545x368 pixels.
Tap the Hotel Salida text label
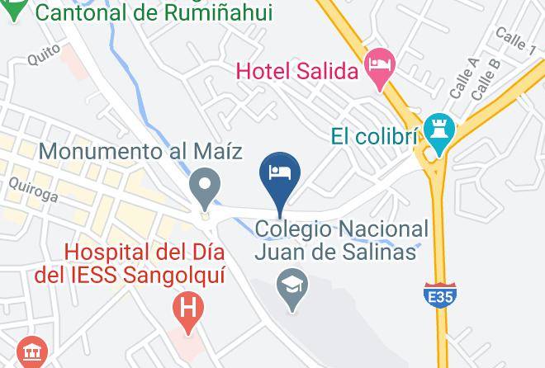click(298, 71)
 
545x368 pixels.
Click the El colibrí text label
click(374, 134)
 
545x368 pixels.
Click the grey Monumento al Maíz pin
click(203, 186)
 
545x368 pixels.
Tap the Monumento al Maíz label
click(141, 152)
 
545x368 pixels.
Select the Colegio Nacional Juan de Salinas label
click(341, 239)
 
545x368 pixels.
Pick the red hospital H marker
click(188, 311)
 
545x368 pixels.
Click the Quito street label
click(43, 54)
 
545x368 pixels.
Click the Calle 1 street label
click(515, 40)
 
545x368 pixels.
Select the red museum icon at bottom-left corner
click(33, 354)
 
